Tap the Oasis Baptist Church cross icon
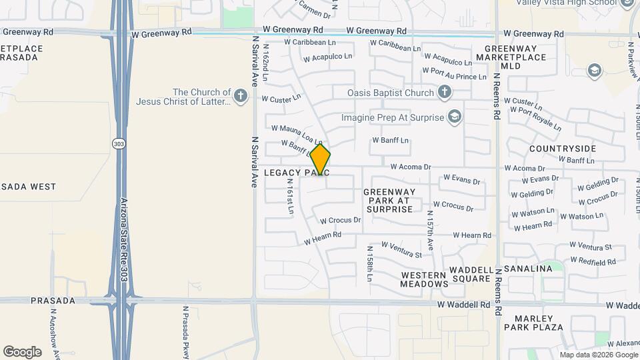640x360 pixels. point(445,93)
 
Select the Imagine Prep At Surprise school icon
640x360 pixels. point(455,117)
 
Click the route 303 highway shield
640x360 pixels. point(119,144)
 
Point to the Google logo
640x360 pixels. point(22,351)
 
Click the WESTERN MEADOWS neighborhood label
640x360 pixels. point(424,279)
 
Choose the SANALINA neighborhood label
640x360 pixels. point(529,269)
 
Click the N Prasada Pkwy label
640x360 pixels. point(187,332)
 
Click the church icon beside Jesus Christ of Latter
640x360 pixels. point(241,97)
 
